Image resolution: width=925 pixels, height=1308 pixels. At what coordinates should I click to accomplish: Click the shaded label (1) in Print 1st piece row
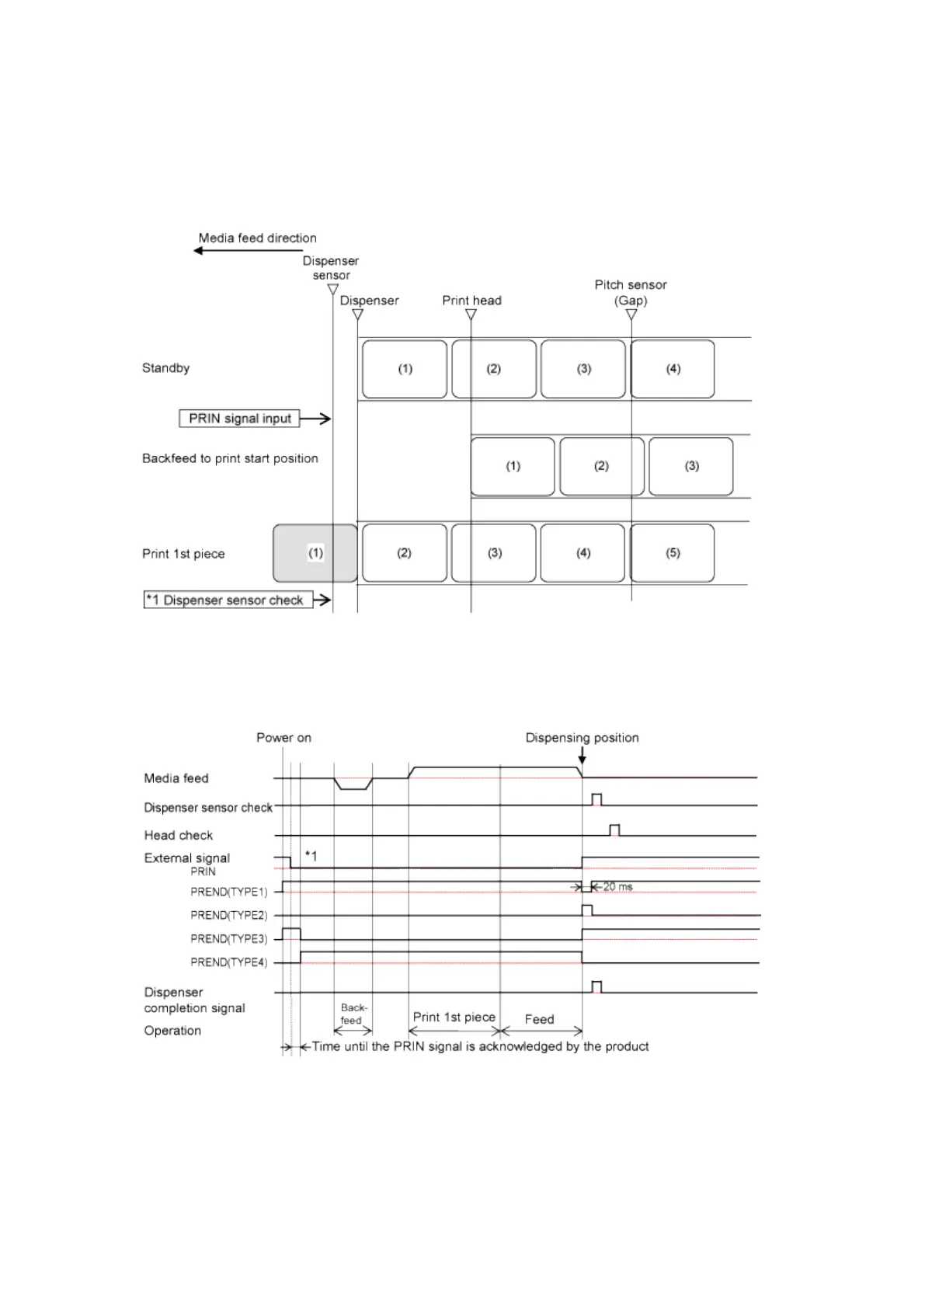315,553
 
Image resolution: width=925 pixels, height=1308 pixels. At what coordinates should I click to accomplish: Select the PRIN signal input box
239,419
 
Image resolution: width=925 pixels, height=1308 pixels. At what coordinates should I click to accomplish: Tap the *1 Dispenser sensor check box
228,600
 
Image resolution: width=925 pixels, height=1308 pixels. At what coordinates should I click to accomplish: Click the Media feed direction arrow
233,251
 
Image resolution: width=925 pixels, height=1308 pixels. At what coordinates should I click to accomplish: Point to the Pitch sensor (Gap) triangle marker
631,315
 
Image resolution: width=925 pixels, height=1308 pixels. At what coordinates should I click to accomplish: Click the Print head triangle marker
471,315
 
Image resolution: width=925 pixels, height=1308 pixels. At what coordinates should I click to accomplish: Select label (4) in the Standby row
673,369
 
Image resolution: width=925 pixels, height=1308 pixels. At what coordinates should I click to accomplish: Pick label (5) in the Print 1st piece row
673,553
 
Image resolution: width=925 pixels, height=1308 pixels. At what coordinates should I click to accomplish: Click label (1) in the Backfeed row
513,466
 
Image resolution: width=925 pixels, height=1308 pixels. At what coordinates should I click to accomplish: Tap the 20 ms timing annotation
617,886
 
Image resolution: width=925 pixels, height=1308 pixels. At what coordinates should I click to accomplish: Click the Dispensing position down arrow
582,754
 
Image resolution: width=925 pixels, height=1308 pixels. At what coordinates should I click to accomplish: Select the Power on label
283,737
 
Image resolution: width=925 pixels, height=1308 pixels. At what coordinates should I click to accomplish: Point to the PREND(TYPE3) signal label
228,938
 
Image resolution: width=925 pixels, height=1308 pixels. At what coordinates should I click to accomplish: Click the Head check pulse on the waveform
614,830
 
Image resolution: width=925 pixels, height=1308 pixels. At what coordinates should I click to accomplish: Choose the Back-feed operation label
352,1014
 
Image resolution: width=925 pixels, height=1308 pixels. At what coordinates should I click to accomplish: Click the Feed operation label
539,1019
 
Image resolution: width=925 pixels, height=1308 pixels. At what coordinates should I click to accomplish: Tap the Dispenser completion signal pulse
596,987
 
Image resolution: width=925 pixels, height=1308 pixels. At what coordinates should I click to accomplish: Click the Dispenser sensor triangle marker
332,290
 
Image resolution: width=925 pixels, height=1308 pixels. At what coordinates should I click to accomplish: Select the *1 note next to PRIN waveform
311,856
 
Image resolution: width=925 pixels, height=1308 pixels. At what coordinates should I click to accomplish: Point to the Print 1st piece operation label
454,1017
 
